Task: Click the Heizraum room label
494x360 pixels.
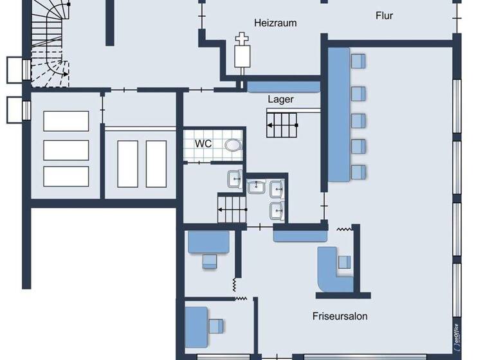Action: [275, 22]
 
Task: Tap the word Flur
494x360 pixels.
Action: [384, 15]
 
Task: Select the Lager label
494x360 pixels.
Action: [281, 100]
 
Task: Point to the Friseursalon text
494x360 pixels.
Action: [340, 316]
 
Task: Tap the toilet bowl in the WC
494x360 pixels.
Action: [232, 145]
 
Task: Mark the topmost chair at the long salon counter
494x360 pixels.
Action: [358, 61]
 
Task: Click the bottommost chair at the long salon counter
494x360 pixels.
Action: [358, 171]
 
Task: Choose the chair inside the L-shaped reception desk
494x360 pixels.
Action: [345, 262]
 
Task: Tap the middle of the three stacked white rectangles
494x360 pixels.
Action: [66, 150]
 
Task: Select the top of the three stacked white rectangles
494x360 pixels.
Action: [66, 121]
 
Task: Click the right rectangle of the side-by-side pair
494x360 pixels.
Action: [156, 163]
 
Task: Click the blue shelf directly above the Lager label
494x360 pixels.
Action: [283, 87]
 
